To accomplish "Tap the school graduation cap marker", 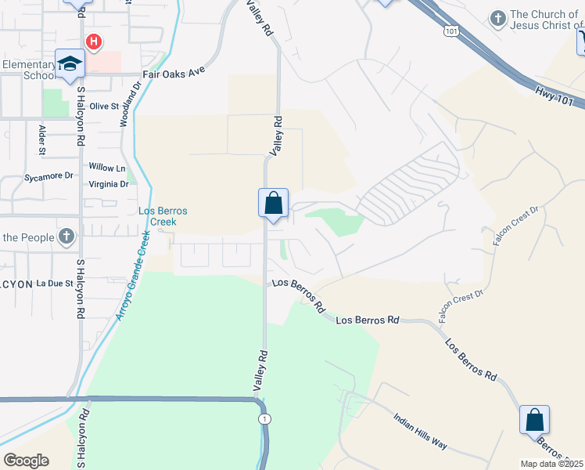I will [70, 63].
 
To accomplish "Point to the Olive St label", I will [103, 106].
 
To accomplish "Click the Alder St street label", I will [41, 139].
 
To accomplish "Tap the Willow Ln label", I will [107, 168].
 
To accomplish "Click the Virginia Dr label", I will [109, 184].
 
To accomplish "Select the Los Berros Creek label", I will [163, 216].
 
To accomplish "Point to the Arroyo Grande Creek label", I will [131, 275].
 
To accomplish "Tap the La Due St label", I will [55, 284].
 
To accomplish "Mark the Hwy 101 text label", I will [555, 97].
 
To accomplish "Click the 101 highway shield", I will [449, 31].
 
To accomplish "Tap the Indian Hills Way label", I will [420, 432].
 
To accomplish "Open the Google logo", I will [26, 460].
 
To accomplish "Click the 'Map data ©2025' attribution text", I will [552, 464].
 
